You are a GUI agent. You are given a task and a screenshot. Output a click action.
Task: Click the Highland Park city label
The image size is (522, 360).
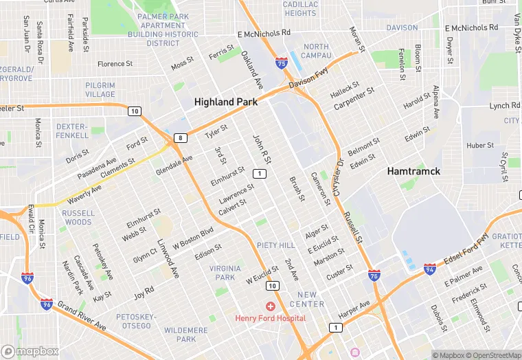(x=226, y=102)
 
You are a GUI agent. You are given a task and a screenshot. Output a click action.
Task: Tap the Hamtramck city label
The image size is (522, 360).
(x=413, y=171)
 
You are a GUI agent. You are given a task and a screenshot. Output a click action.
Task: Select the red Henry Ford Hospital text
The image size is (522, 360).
(x=270, y=318)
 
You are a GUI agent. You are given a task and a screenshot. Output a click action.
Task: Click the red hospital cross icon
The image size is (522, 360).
(x=271, y=306)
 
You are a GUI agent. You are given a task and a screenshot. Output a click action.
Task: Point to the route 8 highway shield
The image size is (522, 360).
(x=180, y=138)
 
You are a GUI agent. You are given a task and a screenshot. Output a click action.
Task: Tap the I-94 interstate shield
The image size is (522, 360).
(x=429, y=269)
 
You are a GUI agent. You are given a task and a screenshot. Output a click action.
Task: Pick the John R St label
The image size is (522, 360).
(x=262, y=149)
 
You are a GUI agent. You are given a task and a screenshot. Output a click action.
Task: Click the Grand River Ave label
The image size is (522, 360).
(x=82, y=315)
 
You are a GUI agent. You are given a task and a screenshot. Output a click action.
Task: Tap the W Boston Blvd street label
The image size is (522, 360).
(x=193, y=238)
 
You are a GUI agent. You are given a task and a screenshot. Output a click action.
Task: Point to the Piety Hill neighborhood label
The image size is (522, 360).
(x=276, y=245)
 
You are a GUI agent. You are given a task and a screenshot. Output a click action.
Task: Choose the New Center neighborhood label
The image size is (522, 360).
(x=306, y=300)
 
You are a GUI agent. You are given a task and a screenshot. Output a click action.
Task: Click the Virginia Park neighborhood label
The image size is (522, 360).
(x=225, y=273)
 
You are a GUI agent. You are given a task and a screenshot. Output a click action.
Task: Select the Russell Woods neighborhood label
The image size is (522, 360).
(x=78, y=218)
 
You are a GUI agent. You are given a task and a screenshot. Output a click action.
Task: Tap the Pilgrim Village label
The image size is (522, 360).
(x=100, y=89)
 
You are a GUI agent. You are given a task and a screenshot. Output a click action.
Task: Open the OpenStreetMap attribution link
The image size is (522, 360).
(x=490, y=355)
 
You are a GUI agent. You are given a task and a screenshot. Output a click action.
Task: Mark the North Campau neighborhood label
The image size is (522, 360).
(x=316, y=51)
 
